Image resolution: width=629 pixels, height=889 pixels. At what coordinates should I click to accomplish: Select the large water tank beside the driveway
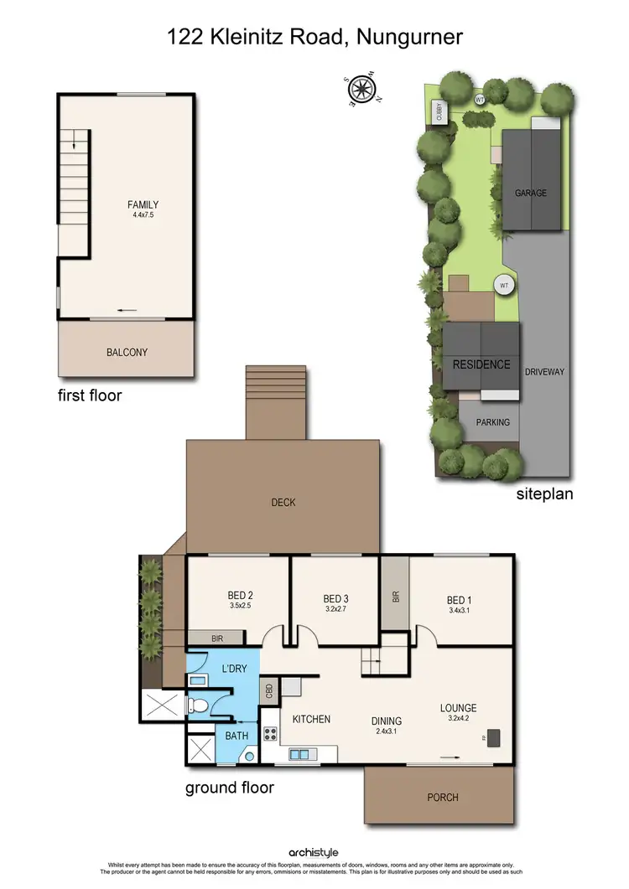coord(504,286)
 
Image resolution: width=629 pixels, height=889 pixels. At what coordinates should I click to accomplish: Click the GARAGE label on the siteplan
coord(531,193)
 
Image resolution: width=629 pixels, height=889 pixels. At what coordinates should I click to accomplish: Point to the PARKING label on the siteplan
coord(492,422)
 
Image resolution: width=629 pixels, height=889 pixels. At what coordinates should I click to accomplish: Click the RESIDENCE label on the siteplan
coord(481,364)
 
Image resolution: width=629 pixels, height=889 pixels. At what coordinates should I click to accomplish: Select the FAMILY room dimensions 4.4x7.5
coord(143,215)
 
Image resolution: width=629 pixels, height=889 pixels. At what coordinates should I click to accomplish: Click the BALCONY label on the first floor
coord(126,353)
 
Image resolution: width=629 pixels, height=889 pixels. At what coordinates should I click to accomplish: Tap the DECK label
coord(283,503)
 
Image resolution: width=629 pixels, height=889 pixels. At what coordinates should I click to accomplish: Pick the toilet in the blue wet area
coord(193,705)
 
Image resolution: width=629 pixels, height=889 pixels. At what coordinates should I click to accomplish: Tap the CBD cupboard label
coord(269,691)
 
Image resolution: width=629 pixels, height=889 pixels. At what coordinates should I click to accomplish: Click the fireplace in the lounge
coord(493,738)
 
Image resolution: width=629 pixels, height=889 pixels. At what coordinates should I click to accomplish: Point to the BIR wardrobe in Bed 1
coord(395,597)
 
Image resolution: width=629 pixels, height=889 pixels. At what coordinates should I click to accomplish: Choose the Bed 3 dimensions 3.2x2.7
coord(335,610)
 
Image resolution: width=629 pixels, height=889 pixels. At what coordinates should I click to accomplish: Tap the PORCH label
coord(442,797)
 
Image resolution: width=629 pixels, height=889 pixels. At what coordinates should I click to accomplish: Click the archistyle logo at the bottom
coord(314,852)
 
